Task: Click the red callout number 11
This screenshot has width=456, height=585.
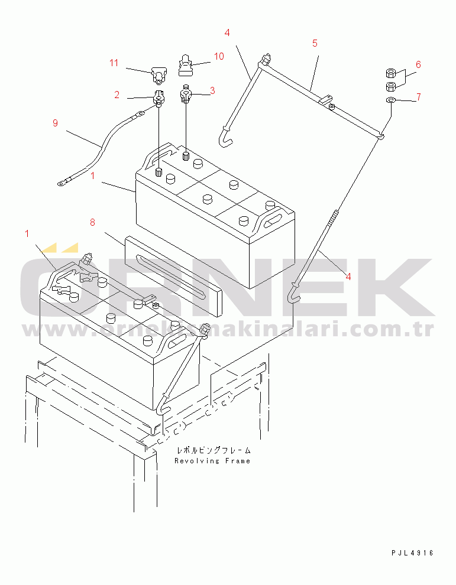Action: pyautogui.click(x=114, y=63)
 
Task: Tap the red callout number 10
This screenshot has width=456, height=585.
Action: pyautogui.click(x=219, y=56)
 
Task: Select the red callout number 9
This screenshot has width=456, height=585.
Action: pyautogui.click(x=55, y=123)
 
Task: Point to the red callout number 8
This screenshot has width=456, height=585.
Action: pyautogui.click(x=93, y=222)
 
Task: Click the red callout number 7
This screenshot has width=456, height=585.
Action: pyautogui.click(x=419, y=97)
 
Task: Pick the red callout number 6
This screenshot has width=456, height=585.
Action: pyautogui.click(x=418, y=64)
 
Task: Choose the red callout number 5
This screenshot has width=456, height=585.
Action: pyautogui.click(x=315, y=43)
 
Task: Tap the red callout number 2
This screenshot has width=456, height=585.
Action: pyautogui.click(x=117, y=95)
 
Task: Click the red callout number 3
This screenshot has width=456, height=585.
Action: pyautogui.click(x=212, y=90)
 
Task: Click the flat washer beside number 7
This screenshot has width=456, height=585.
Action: pyautogui.click(x=390, y=100)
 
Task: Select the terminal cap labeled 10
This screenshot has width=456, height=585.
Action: pyautogui.click(x=185, y=65)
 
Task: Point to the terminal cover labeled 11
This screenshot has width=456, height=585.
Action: pyautogui.click(x=158, y=74)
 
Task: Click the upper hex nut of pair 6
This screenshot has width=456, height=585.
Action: pyautogui.click(x=390, y=73)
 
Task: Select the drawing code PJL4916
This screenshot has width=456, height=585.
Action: pyautogui.click(x=412, y=553)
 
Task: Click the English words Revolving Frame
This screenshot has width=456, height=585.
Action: pyautogui.click(x=212, y=461)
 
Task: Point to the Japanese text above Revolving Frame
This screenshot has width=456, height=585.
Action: pyautogui.click(x=214, y=450)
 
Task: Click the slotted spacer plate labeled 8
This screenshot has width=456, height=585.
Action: pyautogui.click(x=173, y=276)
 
